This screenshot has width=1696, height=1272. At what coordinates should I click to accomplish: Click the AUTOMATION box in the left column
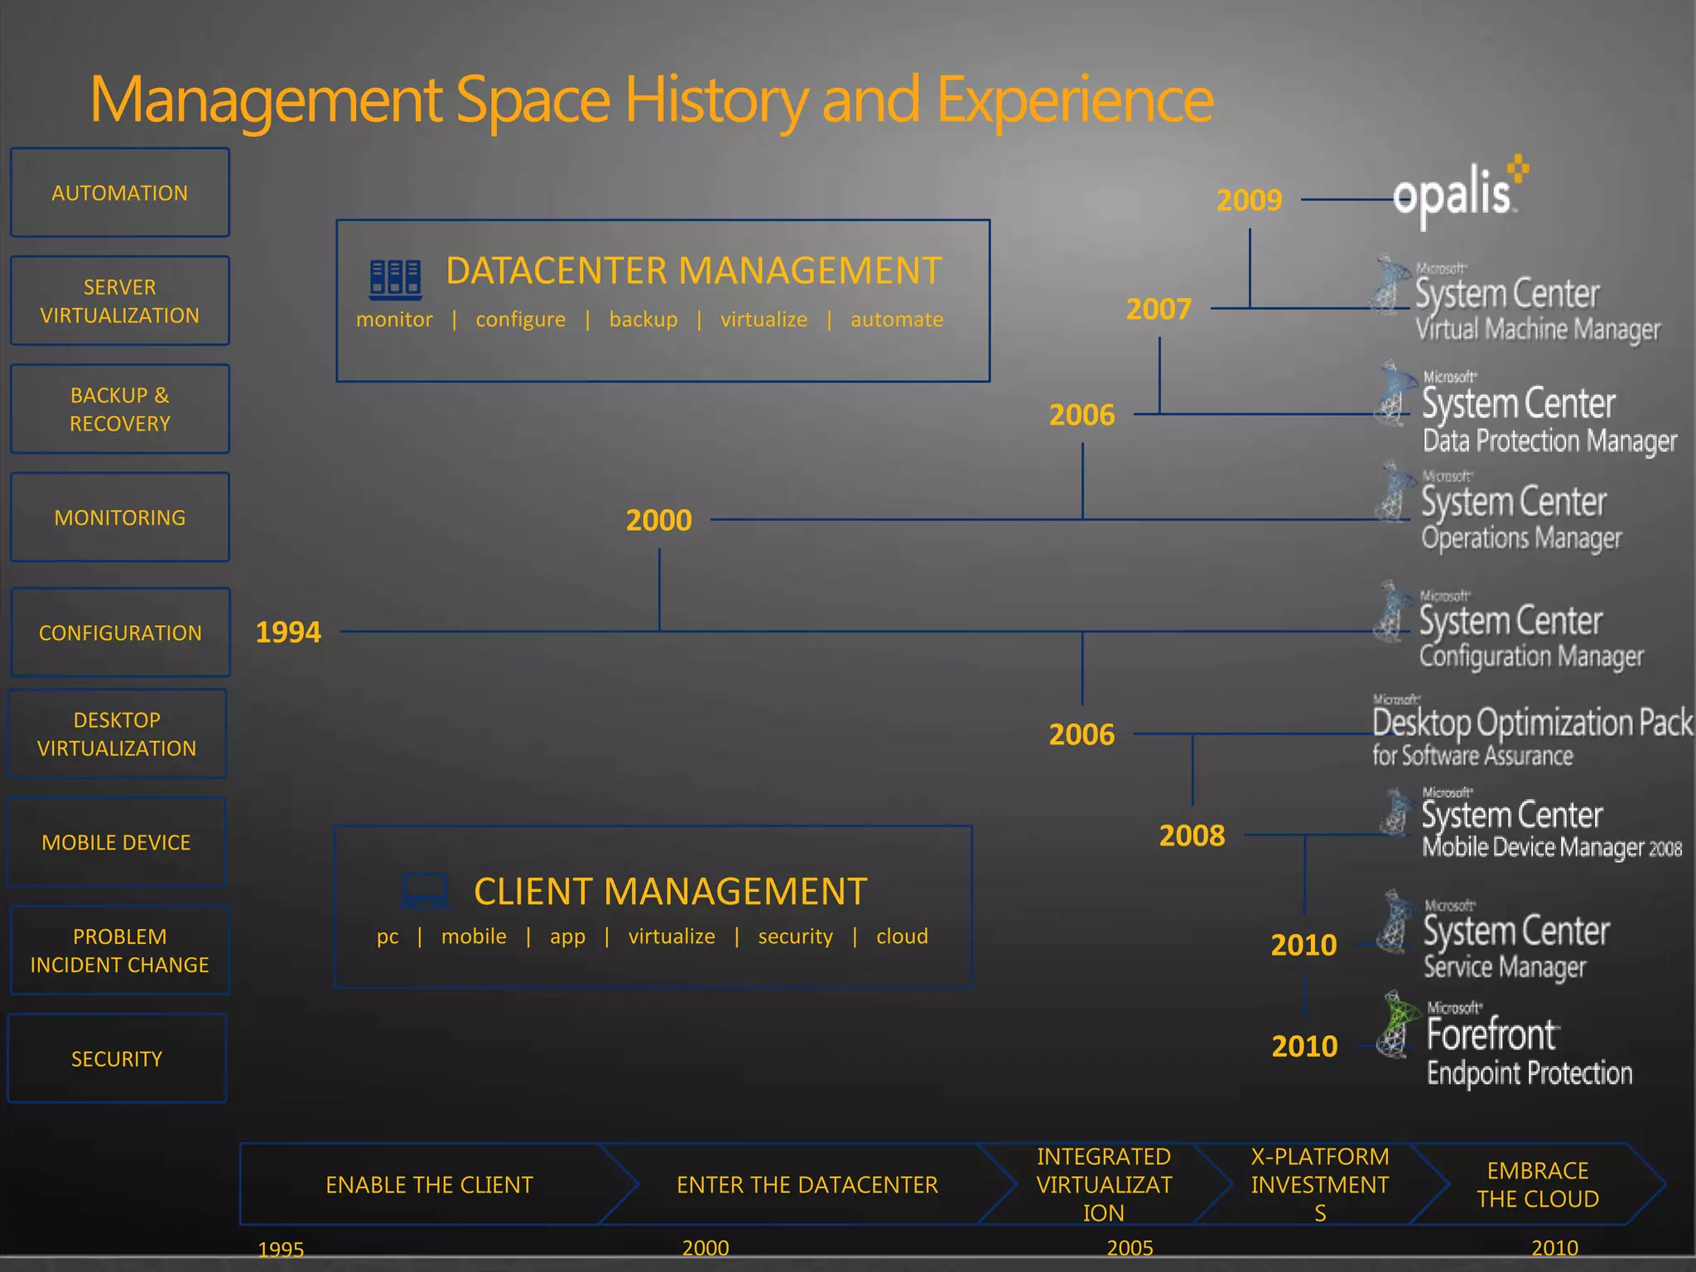click(x=120, y=193)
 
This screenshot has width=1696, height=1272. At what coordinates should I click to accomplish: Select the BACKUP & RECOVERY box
click(x=120, y=409)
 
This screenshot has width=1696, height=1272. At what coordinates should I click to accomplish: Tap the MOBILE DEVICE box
click(x=117, y=842)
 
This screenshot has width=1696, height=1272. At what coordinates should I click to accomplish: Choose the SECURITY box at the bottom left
click(x=117, y=1058)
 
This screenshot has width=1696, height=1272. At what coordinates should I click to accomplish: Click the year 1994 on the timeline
click(x=288, y=633)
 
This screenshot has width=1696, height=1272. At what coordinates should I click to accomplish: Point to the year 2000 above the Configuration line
click(x=658, y=521)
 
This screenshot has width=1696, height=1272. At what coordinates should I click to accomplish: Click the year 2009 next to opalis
click(x=1249, y=200)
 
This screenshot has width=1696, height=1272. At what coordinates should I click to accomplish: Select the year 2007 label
click(x=1159, y=310)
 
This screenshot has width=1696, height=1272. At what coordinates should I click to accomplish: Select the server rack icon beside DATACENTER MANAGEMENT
click(x=395, y=279)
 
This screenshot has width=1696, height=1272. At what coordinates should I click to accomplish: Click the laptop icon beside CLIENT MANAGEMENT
click(x=425, y=891)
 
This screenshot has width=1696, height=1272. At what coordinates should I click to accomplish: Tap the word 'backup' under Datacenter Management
click(x=643, y=320)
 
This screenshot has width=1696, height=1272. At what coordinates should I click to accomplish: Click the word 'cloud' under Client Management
click(x=902, y=937)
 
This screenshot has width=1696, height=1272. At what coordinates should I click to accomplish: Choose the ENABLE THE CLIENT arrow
click(x=429, y=1185)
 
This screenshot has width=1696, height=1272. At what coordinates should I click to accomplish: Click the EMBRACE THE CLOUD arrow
click(x=1538, y=1185)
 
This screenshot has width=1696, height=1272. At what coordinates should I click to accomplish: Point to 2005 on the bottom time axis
click(x=1130, y=1247)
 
